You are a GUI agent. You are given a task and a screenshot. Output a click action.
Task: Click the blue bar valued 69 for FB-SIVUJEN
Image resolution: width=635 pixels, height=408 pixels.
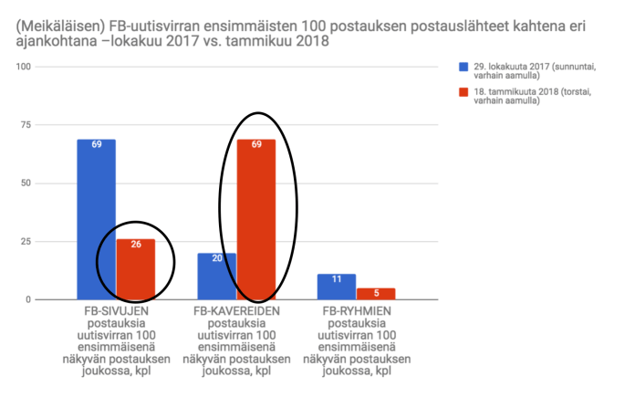pyautogui.click(x=96, y=219)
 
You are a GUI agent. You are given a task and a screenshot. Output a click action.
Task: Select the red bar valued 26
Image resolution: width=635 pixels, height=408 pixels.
pyautogui.click(x=135, y=269)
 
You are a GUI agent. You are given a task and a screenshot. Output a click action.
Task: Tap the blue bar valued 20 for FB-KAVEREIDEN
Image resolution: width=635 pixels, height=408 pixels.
pyautogui.click(x=217, y=277)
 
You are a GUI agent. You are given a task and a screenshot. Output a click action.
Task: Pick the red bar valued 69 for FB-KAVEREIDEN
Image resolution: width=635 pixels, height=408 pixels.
pyautogui.click(x=256, y=219)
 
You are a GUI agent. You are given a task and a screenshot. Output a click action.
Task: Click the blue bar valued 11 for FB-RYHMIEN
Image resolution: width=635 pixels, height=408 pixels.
pyautogui.click(x=337, y=287)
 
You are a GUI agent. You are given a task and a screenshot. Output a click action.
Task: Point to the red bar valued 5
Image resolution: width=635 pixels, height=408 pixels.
pyautogui.click(x=376, y=294)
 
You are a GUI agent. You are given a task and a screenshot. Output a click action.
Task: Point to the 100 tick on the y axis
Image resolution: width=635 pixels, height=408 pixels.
pyautogui.click(x=25, y=68)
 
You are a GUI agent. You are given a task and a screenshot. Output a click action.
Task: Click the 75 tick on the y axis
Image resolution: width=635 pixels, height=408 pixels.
pyautogui.click(x=27, y=125)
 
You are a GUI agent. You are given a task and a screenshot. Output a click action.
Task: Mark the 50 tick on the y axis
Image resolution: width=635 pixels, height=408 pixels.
pyautogui.click(x=27, y=183)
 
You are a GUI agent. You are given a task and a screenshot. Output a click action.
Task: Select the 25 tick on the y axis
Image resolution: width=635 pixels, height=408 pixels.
pyautogui.click(x=27, y=242)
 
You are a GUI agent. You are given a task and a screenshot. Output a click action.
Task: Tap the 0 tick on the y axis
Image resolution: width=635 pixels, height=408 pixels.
pyautogui.click(x=30, y=299)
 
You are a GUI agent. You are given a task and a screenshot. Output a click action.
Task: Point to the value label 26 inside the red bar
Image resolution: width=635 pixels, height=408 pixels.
pyautogui.click(x=135, y=245)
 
